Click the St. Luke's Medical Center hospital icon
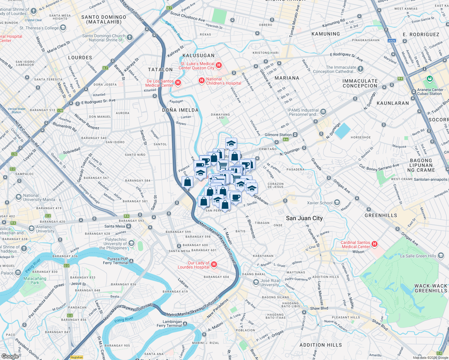pyautogui.click(x=219, y=65)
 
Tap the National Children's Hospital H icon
pyautogui.click(x=201, y=80)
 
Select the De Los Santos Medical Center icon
pyautogui.click(x=178, y=82)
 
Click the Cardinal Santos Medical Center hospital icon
pyautogui.click(x=374, y=244)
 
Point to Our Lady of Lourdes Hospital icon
pyautogui.click(x=214, y=264)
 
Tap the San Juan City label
pyautogui.click(x=304, y=218)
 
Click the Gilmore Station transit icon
pyautogui.click(x=295, y=135)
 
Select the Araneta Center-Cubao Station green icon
pyautogui.click(x=430, y=79)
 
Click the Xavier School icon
pyautogui.click(x=337, y=202)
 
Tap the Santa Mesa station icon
pyautogui.click(x=128, y=226)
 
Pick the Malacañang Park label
pyautogui.click(x=35, y=280)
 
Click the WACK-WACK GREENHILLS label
pyautogui.click(x=431, y=288)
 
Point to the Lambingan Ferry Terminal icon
pyautogui.click(x=185, y=324)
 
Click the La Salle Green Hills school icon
pyautogui.click(x=441, y=256)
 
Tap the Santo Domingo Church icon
pyautogui.click(x=129, y=37)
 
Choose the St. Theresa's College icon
pyautogui.click(x=63, y=28)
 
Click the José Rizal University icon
pyautogui.click(x=256, y=282)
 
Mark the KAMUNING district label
pyautogui.click(x=326, y=34)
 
